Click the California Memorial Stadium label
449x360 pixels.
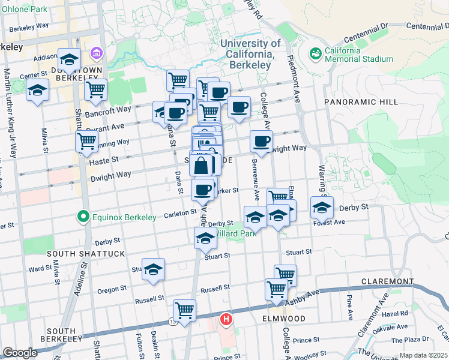click(359, 55)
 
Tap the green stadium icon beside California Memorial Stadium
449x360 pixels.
click(315, 54)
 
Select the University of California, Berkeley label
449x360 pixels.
click(250, 49)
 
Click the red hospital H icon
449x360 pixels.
click(226, 319)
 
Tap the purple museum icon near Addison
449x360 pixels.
click(95, 55)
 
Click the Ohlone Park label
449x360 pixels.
click(24, 10)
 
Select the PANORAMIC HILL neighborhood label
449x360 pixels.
click(361, 102)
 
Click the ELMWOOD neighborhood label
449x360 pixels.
click(283, 319)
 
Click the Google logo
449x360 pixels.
click(20, 352)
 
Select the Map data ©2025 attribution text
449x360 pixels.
click(423, 355)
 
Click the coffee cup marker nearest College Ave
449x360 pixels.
click(261, 142)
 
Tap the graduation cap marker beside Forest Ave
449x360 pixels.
click(322, 208)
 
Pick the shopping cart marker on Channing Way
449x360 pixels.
click(87, 142)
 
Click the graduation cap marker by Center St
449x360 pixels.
click(38, 92)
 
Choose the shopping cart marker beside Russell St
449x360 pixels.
click(185, 310)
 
